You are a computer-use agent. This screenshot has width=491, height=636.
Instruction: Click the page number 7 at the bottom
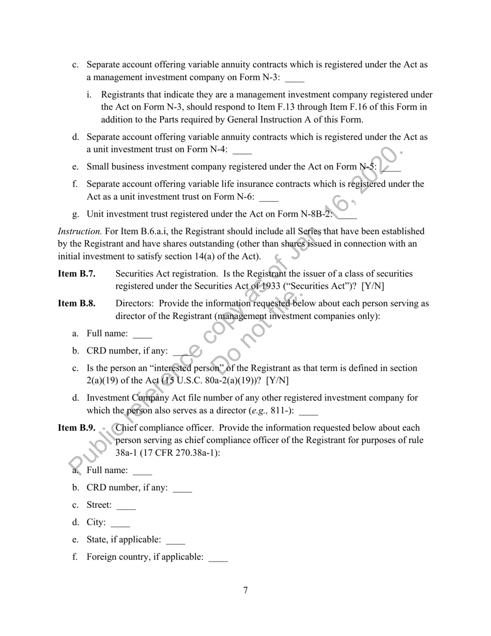245,590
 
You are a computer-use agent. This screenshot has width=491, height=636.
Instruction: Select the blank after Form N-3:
295,78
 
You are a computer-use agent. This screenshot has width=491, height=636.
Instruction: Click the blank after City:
120,523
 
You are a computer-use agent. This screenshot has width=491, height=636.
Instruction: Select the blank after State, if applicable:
175,540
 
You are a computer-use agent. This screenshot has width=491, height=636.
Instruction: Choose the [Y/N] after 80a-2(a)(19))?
278,381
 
